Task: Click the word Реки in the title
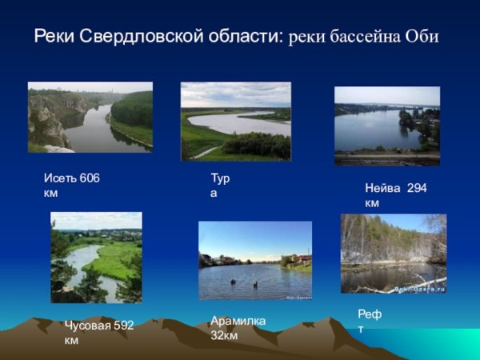click(x=54, y=38)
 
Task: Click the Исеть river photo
click(x=90, y=117)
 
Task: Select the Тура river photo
click(x=235, y=121)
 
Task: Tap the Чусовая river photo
click(x=96, y=257)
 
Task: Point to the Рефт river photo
click(x=393, y=253)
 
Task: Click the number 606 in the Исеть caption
click(x=90, y=178)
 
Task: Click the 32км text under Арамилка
click(x=224, y=335)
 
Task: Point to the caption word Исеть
click(x=60, y=178)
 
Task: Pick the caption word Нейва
click(x=382, y=189)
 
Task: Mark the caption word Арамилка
click(x=238, y=321)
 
